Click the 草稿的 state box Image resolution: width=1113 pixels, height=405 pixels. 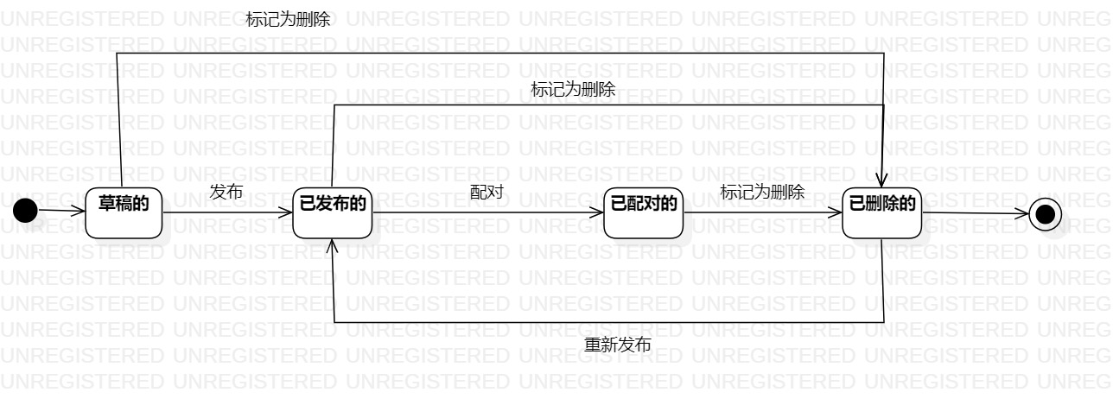click(x=124, y=212)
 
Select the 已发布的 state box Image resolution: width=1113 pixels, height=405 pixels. click(x=333, y=212)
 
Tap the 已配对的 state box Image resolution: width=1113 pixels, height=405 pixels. click(x=643, y=212)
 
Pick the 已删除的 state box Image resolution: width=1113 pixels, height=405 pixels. click(x=882, y=212)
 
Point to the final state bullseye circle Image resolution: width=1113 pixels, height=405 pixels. click(x=1045, y=213)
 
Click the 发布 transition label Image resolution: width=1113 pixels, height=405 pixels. click(x=226, y=193)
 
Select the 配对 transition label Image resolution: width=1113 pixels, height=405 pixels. click(x=487, y=193)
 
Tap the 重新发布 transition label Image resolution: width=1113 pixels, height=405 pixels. click(x=618, y=345)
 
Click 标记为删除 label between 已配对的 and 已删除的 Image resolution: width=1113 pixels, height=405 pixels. click(x=762, y=193)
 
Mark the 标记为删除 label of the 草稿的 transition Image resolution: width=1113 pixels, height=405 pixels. click(x=288, y=20)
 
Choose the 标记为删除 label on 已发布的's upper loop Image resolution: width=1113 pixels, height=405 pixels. click(x=573, y=89)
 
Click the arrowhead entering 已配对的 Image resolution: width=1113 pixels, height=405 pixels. click(x=597, y=212)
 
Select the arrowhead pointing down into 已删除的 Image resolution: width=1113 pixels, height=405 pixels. click(x=882, y=180)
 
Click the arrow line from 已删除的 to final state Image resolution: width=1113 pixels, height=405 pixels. click(x=972, y=213)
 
